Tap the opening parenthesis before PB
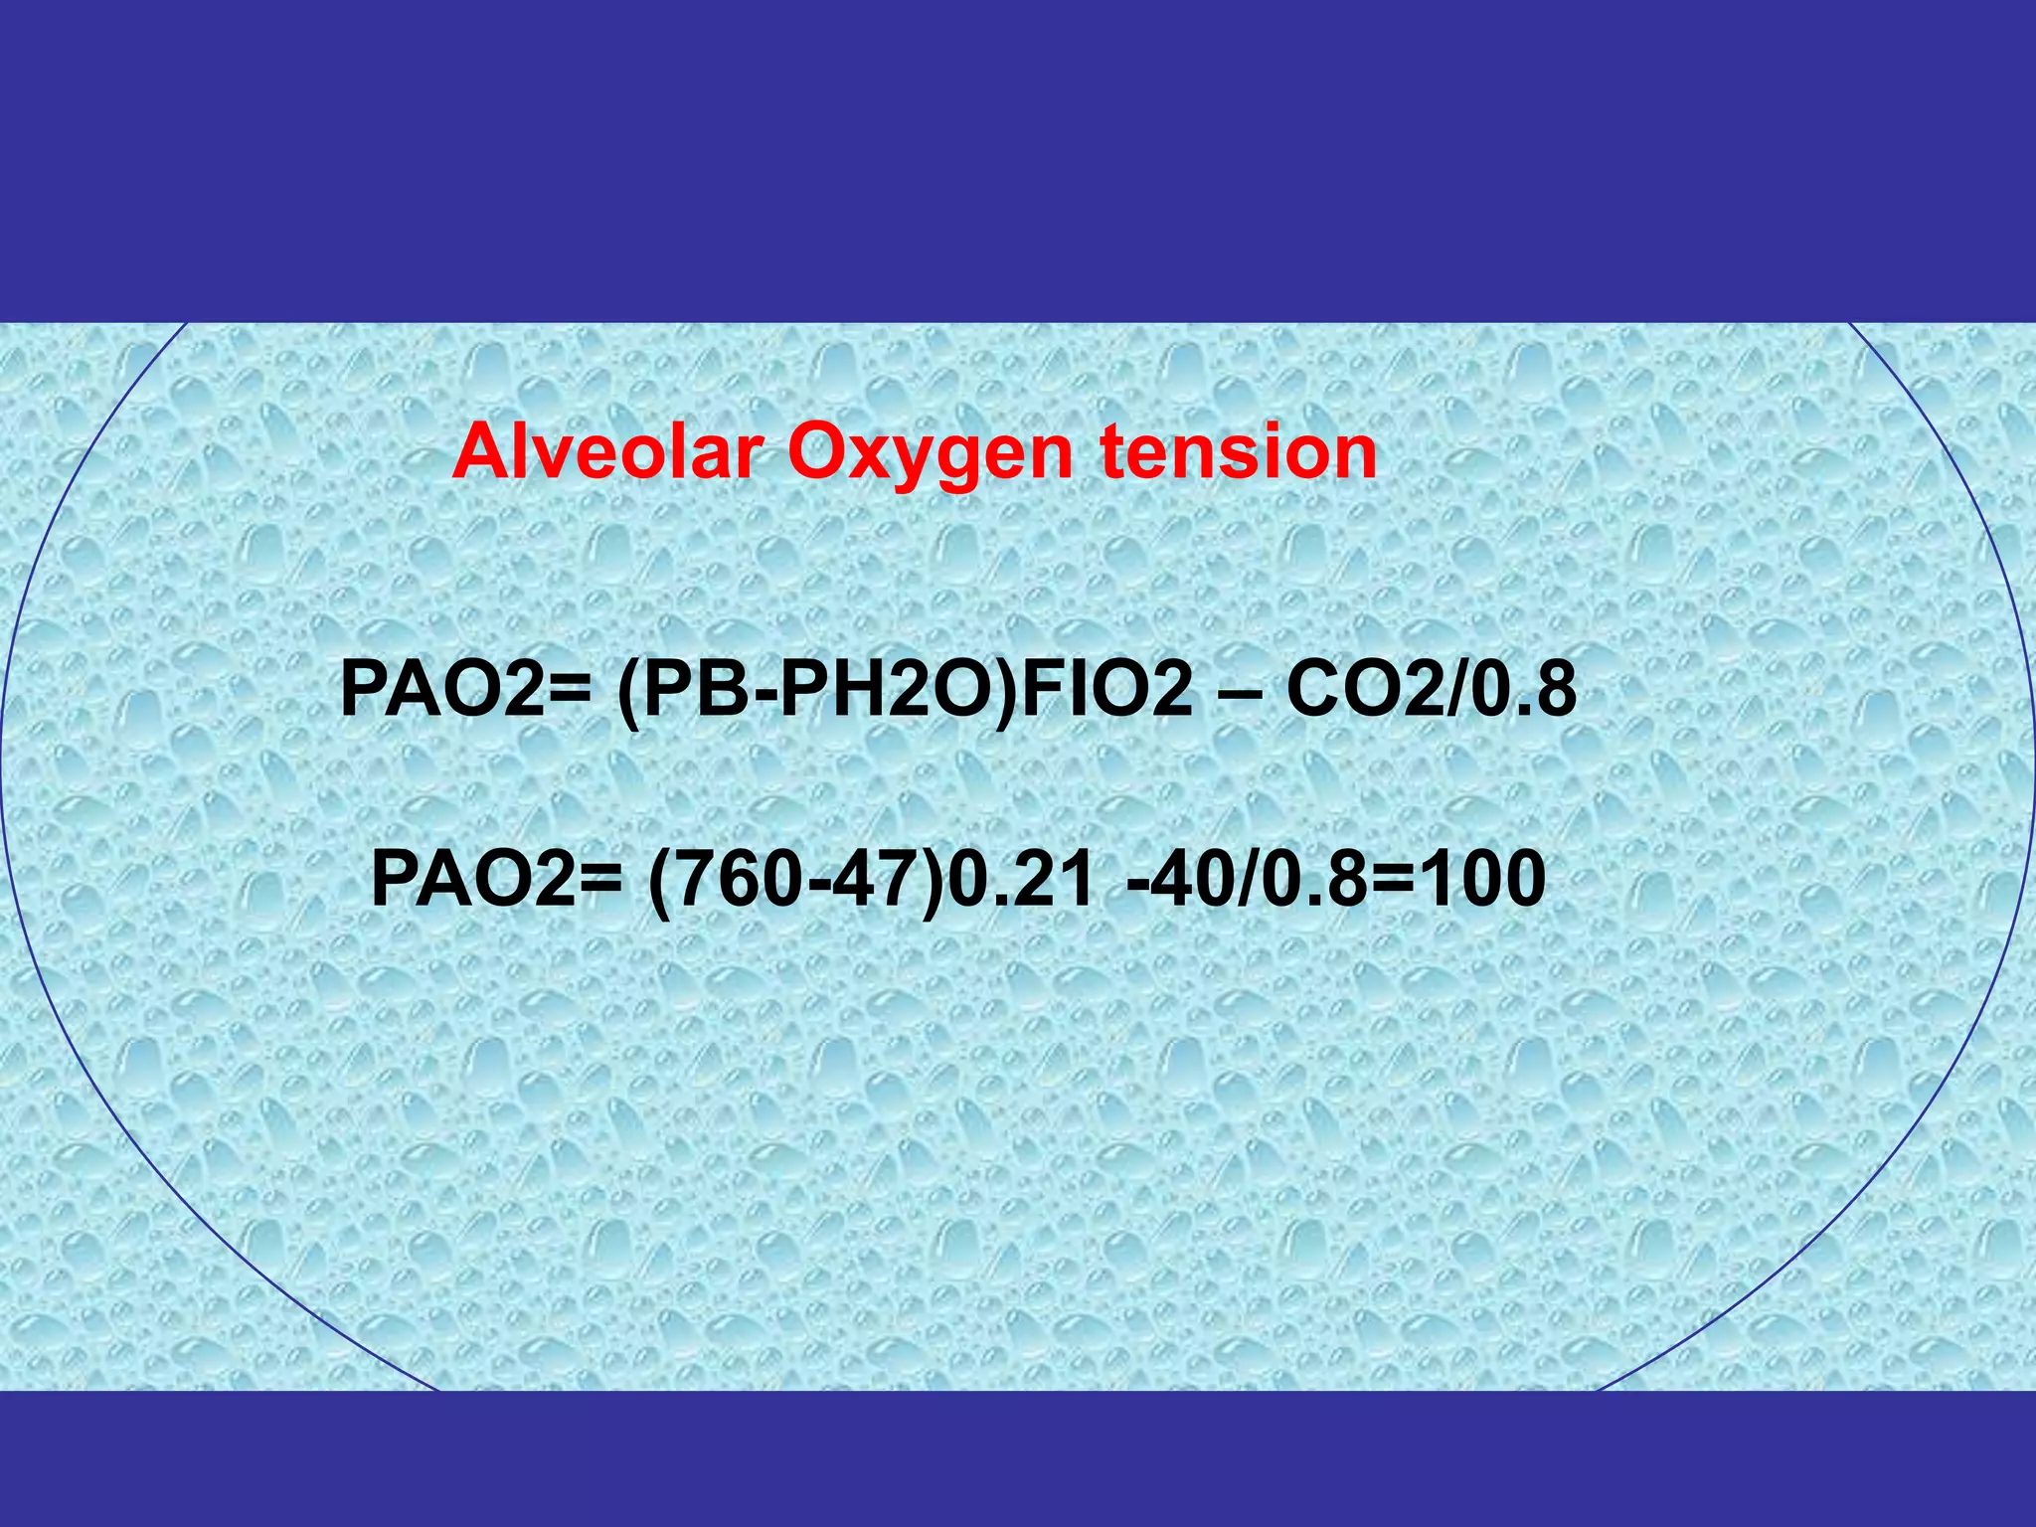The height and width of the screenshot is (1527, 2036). (627, 692)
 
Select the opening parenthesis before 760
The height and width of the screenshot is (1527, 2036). (658, 881)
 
